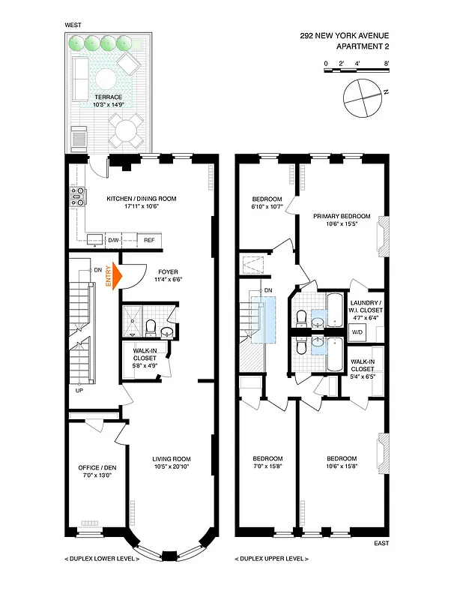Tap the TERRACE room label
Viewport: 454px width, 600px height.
[x=109, y=97]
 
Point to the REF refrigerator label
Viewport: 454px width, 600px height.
[x=149, y=240]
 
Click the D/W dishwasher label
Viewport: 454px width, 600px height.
[x=114, y=240]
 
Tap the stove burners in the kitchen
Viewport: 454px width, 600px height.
[x=76, y=196]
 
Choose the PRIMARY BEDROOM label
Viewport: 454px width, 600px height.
[x=342, y=215]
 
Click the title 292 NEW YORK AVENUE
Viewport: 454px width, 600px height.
[x=344, y=35]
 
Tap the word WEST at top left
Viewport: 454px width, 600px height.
[x=73, y=25]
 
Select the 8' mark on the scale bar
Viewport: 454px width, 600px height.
[x=386, y=64]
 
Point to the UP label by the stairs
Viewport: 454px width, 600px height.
[x=78, y=390]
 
